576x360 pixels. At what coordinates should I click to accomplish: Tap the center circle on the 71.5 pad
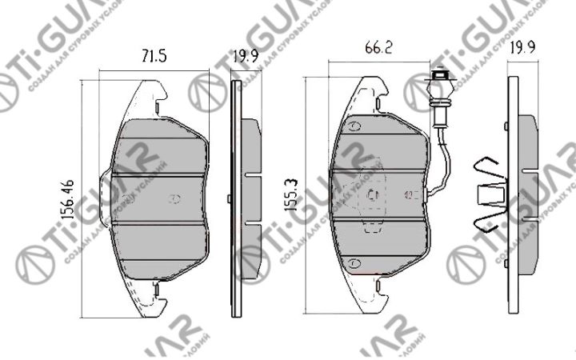pos(175,198)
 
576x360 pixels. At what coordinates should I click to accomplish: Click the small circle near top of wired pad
pos(354,128)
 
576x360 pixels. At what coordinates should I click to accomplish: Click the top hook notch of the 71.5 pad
pos(158,104)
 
